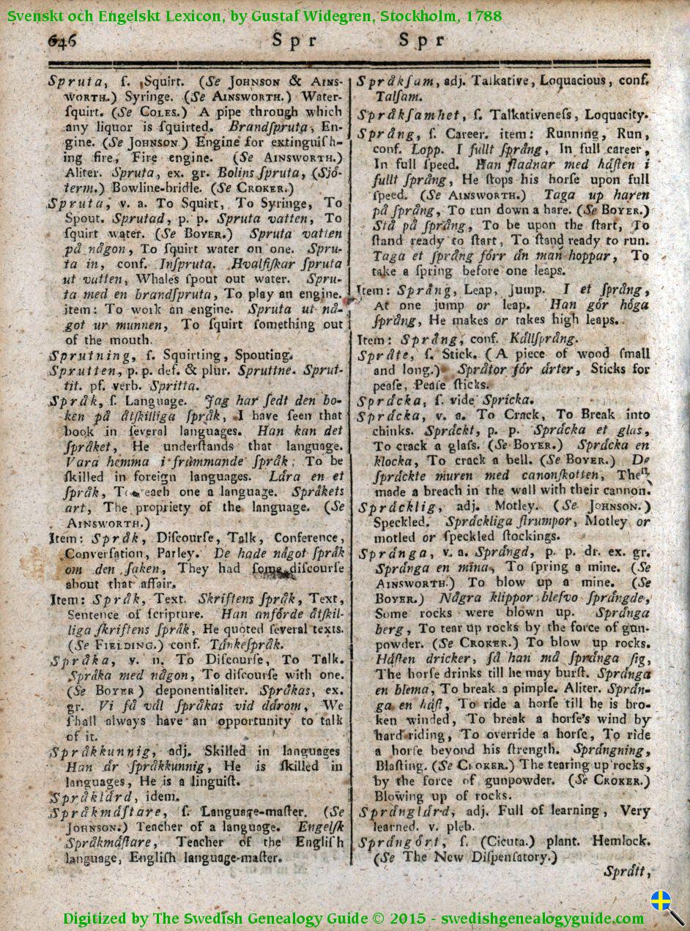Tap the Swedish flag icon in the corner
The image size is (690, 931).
click(x=661, y=900)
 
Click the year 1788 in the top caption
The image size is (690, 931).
click(x=481, y=14)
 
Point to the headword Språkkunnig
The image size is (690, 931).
click(x=102, y=752)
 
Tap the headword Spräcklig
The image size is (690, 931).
click(x=399, y=507)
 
